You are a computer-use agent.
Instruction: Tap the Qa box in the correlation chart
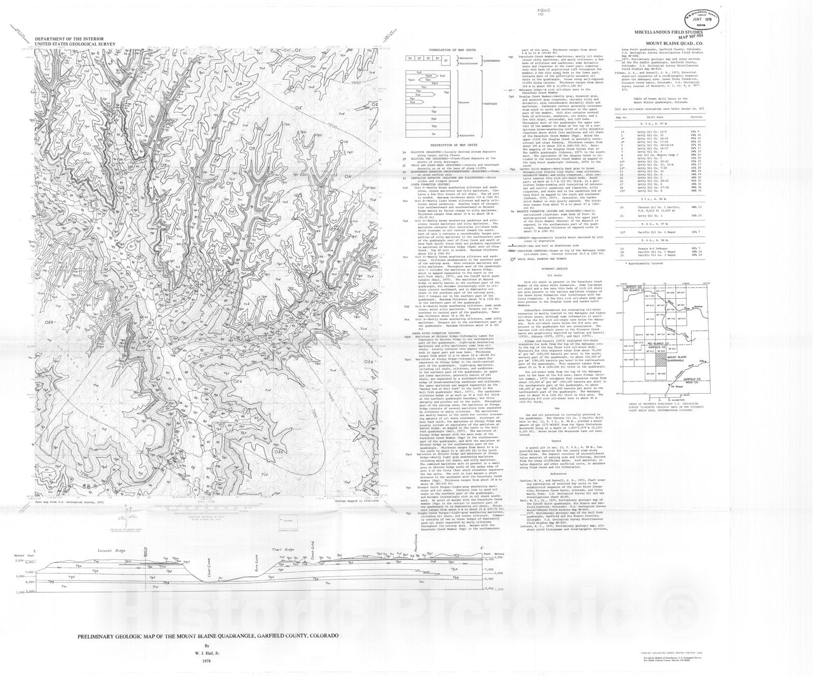tap(410, 58)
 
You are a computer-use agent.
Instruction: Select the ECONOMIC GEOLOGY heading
tap(554, 268)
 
